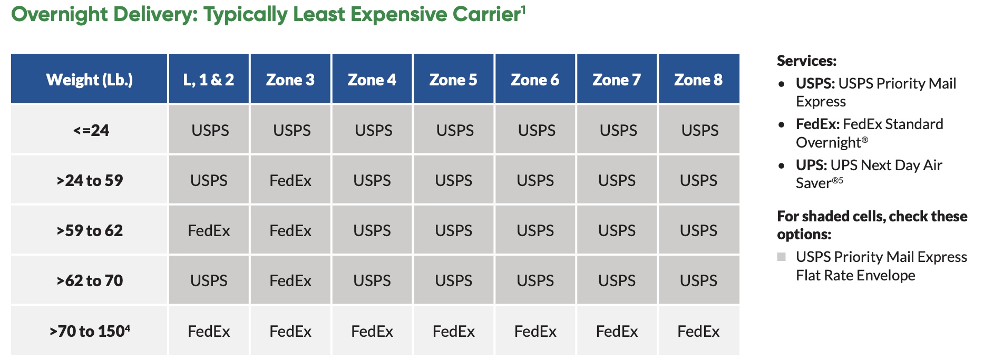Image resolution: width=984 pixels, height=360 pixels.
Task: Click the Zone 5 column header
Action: [x=453, y=80]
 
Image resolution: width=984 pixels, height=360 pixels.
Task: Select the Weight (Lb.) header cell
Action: [x=90, y=80]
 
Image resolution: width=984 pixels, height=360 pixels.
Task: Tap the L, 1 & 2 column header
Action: [x=209, y=80]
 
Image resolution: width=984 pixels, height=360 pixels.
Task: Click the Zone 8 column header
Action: [x=698, y=80]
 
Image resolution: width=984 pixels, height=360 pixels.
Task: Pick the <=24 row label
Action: [x=91, y=130]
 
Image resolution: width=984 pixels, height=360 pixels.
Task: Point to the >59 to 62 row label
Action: [x=90, y=230]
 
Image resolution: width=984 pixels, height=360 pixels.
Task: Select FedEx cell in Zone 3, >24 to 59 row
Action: [x=290, y=181]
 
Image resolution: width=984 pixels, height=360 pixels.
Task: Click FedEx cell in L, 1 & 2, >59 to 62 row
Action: [x=209, y=231]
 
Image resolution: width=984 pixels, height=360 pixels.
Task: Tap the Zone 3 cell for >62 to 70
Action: [x=290, y=281]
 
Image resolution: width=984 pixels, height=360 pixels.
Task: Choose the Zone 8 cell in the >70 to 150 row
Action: [x=698, y=332]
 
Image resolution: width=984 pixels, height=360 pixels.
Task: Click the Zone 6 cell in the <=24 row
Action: [x=537, y=131]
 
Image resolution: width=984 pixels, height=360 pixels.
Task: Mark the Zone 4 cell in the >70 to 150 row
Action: [x=372, y=332]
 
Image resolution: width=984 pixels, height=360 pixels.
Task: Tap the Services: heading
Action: [x=806, y=61]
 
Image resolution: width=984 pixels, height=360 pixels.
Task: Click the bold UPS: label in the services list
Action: [x=811, y=166]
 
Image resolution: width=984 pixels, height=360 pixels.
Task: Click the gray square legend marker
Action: [x=782, y=257]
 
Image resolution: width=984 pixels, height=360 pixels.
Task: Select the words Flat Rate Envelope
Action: [x=855, y=276]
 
